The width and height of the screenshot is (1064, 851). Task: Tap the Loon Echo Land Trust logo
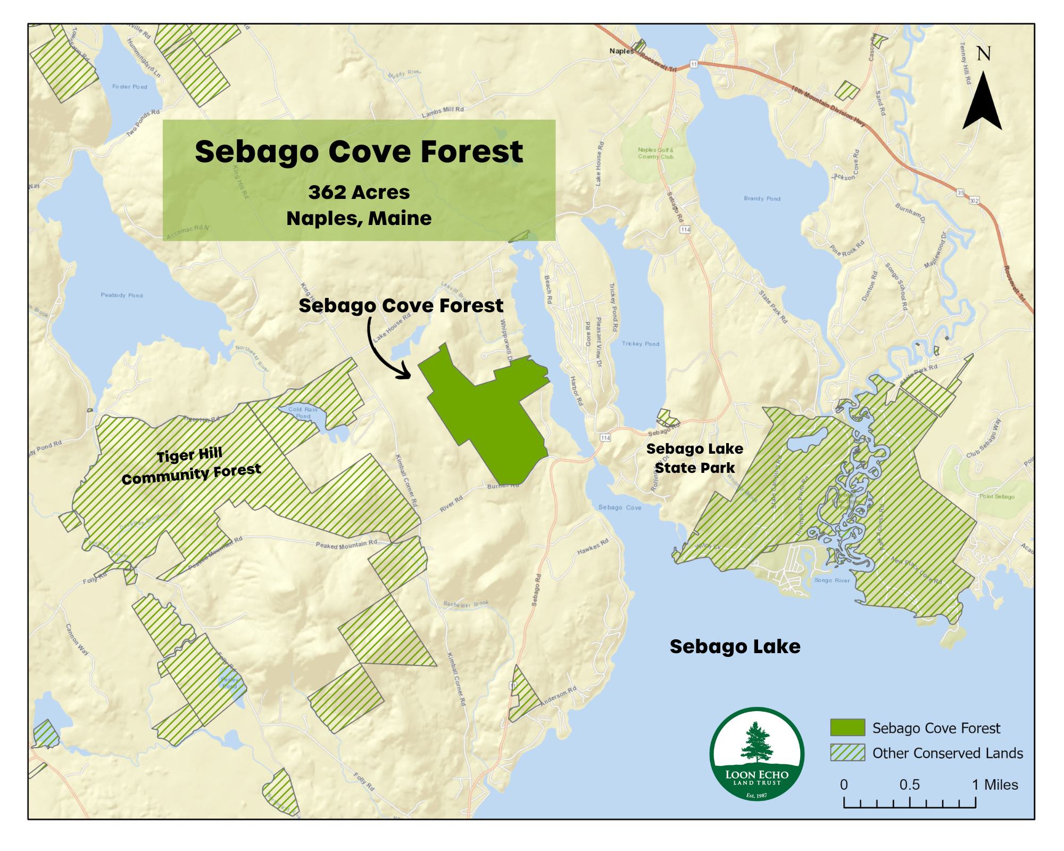coord(757,753)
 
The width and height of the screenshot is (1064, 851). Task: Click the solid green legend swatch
coord(847,728)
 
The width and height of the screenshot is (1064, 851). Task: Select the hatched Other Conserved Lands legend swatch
coord(847,753)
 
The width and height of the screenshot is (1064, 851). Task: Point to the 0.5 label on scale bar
coord(909,785)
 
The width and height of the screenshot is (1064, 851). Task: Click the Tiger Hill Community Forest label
coord(191,466)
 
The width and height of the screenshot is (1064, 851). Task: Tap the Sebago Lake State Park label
coord(694,458)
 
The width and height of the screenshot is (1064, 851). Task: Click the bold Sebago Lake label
coord(735,646)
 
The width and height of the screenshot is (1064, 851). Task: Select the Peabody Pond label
coord(122,295)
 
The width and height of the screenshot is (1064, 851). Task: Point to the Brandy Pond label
coord(762,198)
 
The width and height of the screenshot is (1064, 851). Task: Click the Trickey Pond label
coord(641,344)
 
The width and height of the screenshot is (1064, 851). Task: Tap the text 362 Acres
coord(359,192)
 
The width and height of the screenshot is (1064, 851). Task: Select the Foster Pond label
coord(129,86)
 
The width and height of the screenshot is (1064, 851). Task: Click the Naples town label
coord(621,51)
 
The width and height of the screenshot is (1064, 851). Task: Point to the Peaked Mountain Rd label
coord(346,544)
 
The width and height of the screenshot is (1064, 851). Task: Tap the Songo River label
coord(832,580)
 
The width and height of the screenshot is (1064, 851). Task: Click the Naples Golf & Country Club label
coord(655,153)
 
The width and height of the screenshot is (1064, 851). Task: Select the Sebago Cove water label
coord(620,507)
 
